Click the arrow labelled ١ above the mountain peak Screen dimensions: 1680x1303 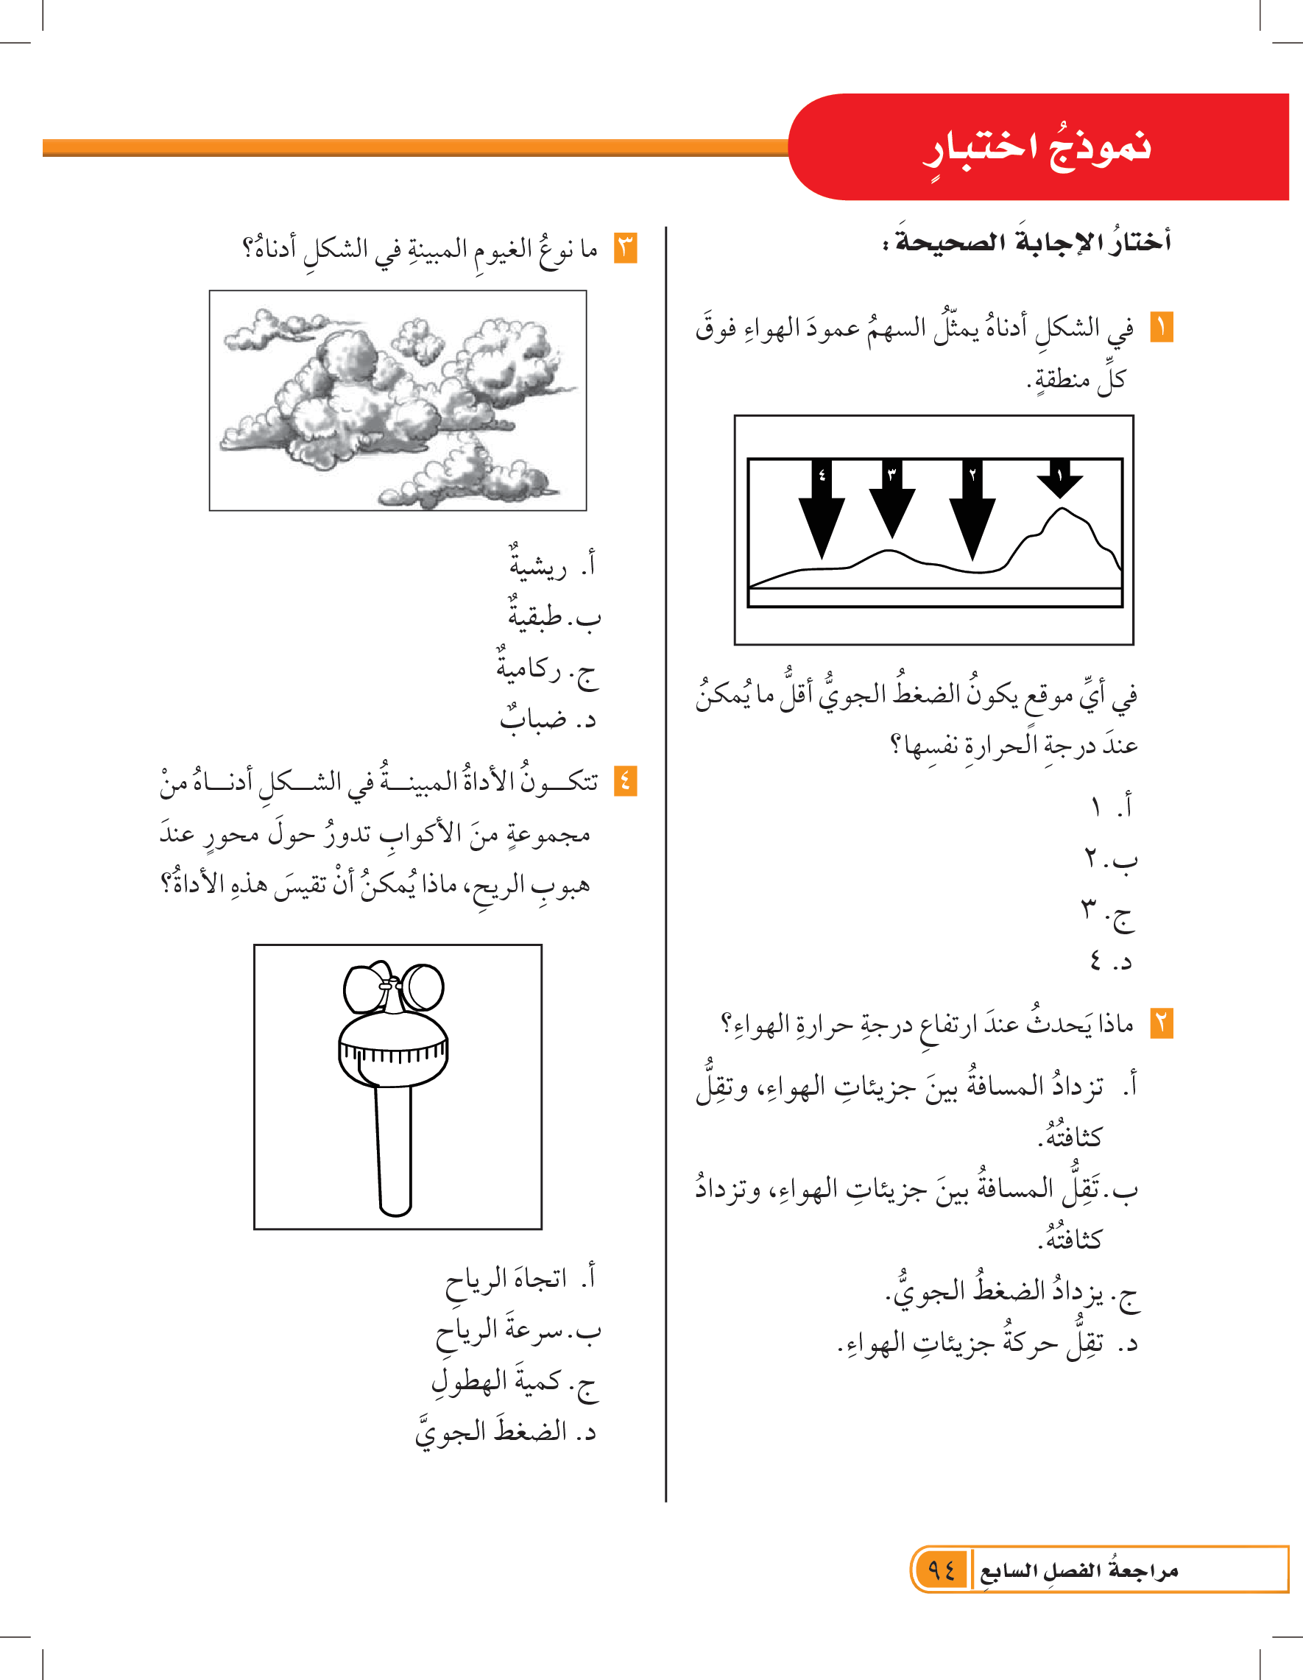[x=1059, y=479]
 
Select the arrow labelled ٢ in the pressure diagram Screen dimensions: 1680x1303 [x=972, y=508]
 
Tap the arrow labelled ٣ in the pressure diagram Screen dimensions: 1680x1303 [x=891, y=498]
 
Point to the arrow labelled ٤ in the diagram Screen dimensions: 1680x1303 [x=822, y=508]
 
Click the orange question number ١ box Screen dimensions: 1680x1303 [x=1162, y=328]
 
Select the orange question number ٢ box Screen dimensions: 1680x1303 [x=1162, y=1024]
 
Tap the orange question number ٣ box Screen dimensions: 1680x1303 [x=625, y=248]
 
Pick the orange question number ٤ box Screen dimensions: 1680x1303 [x=625, y=782]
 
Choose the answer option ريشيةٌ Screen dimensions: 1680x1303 [x=537, y=566]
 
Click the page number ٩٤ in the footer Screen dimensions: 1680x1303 [x=941, y=1570]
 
